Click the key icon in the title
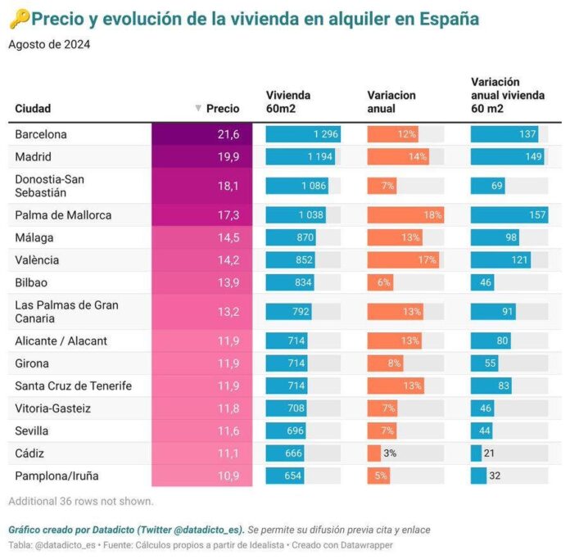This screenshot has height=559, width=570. click(x=18, y=19)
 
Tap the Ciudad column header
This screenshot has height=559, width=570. click(x=33, y=108)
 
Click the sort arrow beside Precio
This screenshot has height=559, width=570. click(x=197, y=108)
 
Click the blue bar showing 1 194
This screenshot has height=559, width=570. click(x=301, y=156)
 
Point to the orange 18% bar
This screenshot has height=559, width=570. click(x=405, y=215)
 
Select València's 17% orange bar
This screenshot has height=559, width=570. click(x=404, y=260)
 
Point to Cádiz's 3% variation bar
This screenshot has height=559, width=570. click(x=374, y=453)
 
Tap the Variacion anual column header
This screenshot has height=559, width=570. click(x=391, y=101)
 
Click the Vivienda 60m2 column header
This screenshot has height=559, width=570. click(x=288, y=101)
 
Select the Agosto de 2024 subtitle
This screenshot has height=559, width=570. click(x=49, y=44)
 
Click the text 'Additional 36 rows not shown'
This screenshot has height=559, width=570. click(x=80, y=501)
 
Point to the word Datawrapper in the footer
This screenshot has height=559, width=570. click(x=367, y=544)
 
